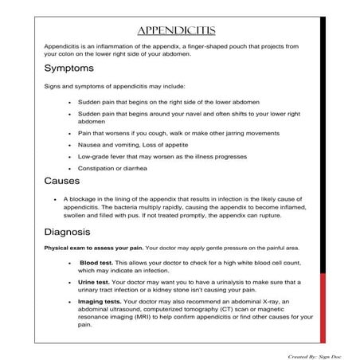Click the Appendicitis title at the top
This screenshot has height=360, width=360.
(x=176, y=31)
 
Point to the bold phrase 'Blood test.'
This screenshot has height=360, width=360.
(x=97, y=262)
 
